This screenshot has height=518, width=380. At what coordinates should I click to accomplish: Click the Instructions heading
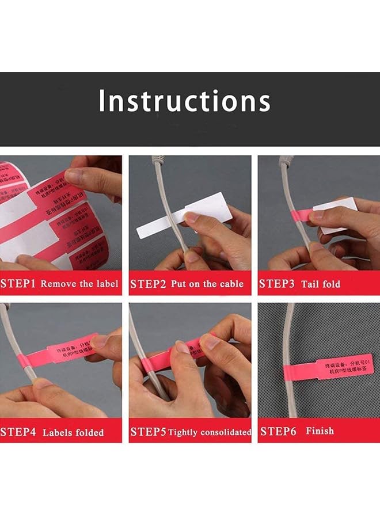184,102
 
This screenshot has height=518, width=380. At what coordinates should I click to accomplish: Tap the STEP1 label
18,284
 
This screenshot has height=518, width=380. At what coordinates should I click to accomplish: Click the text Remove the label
79,284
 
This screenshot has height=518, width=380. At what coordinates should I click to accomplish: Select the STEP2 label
149,284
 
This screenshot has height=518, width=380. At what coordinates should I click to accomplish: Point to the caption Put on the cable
207,284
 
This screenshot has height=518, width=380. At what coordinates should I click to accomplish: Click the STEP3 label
278,284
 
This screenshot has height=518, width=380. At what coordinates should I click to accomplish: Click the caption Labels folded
73,432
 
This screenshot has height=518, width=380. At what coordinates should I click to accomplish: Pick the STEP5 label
149,432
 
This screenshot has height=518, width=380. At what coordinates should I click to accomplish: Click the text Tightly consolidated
210,432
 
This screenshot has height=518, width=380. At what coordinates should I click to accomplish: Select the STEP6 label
278,431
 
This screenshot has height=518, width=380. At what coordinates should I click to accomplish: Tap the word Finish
320,431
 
